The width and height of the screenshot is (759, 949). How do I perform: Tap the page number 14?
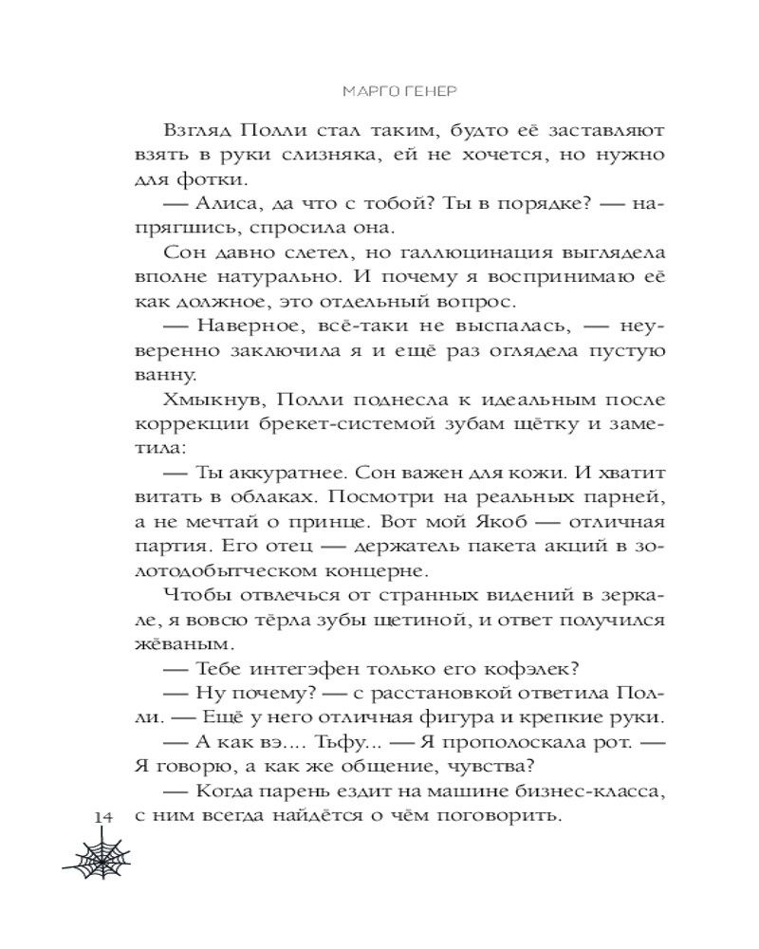coord(104,817)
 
